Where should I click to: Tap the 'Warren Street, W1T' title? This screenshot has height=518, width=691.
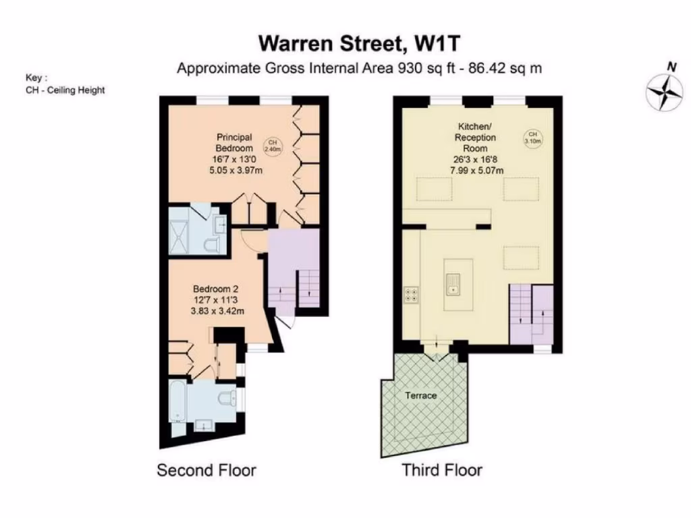(x=360, y=43)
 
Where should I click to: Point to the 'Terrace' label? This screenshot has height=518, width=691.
(x=420, y=395)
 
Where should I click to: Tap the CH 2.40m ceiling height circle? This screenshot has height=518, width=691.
(x=273, y=146)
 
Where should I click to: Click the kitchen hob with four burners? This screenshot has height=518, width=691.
(x=410, y=294)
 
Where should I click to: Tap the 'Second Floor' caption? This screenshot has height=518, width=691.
(x=206, y=470)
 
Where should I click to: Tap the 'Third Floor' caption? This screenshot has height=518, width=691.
(x=442, y=470)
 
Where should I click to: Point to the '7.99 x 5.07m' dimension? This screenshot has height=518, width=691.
(x=477, y=171)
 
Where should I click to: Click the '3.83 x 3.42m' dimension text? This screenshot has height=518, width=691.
(x=217, y=310)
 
